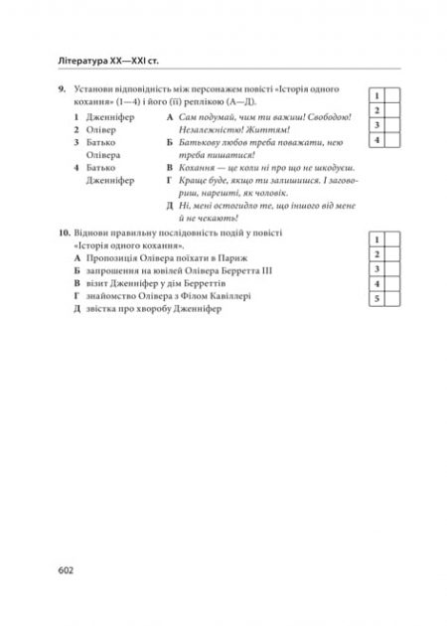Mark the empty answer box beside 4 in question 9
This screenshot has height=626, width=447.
click(x=392, y=142)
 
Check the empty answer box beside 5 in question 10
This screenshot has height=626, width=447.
click(x=392, y=299)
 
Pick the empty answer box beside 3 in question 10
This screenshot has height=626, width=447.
click(x=392, y=269)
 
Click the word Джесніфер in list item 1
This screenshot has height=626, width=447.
click(x=112, y=116)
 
